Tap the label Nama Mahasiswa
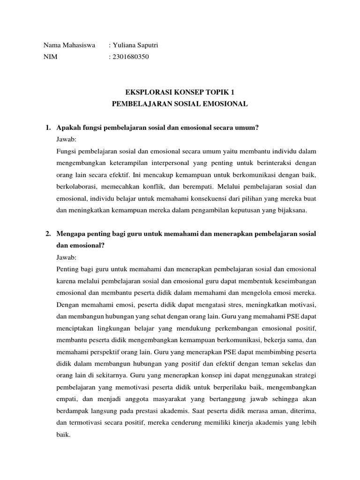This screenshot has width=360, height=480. [69, 45]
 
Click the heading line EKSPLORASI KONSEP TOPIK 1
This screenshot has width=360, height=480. [180, 92]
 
